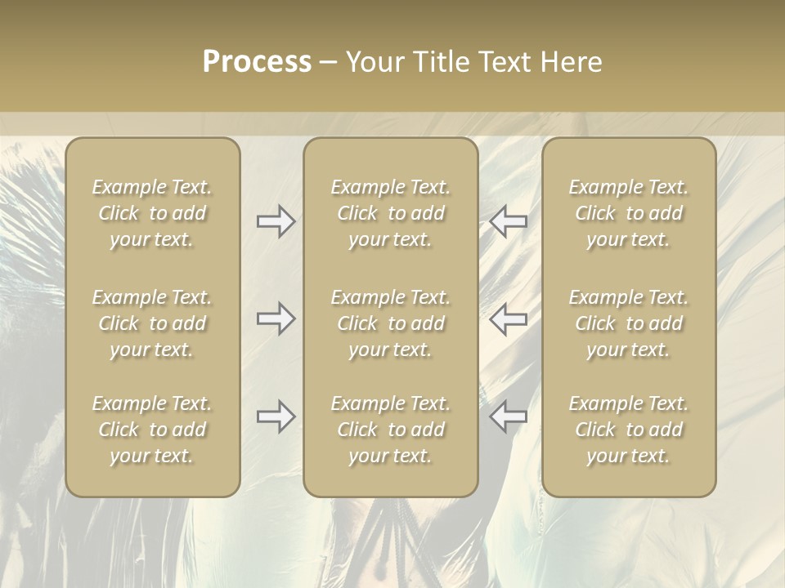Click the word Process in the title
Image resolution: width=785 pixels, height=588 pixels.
pyautogui.click(x=257, y=62)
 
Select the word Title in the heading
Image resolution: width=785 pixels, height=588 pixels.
pyautogui.click(x=440, y=62)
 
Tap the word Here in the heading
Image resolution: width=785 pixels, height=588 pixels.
pyautogui.click(x=571, y=62)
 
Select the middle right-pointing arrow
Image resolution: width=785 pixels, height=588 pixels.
pyautogui.click(x=276, y=318)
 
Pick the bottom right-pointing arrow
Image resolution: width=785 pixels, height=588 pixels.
pyautogui.click(x=276, y=416)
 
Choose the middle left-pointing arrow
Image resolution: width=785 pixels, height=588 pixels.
pyautogui.click(x=508, y=318)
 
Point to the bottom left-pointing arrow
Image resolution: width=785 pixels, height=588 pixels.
pyautogui.click(x=508, y=416)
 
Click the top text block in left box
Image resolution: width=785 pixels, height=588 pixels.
pyautogui.click(x=152, y=213)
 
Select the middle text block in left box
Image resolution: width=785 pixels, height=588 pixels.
pyautogui.click(x=152, y=323)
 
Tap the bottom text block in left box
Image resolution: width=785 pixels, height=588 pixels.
pyautogui.click(x=152, y=430)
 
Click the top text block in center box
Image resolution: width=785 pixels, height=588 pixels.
pyautogui.click(x=391, y=213)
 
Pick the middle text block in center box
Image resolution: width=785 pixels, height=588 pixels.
pyautogui.click(x=391, y=323)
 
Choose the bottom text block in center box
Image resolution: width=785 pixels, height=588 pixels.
pyautogui.click(x=391, y=430)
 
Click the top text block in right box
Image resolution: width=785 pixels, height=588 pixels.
pyautogui.click(x=629, y=213)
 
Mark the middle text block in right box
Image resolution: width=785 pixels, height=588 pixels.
pyautogui.click(x=629, y=323)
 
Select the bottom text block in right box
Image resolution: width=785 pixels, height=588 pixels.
pyautogui.click(x=629, y=430)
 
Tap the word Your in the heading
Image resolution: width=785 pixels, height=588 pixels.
pyautogui.click(x=374, y=62)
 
